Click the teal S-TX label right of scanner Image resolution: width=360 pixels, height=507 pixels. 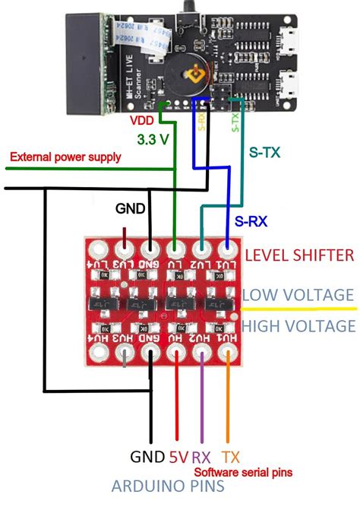pyautogui.click(x=265, y=152)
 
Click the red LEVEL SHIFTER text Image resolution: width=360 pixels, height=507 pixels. pyautogui.click(x=299, y=255)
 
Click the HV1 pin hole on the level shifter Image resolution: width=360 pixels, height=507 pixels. pyautogui.click(x=227, y=354)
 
